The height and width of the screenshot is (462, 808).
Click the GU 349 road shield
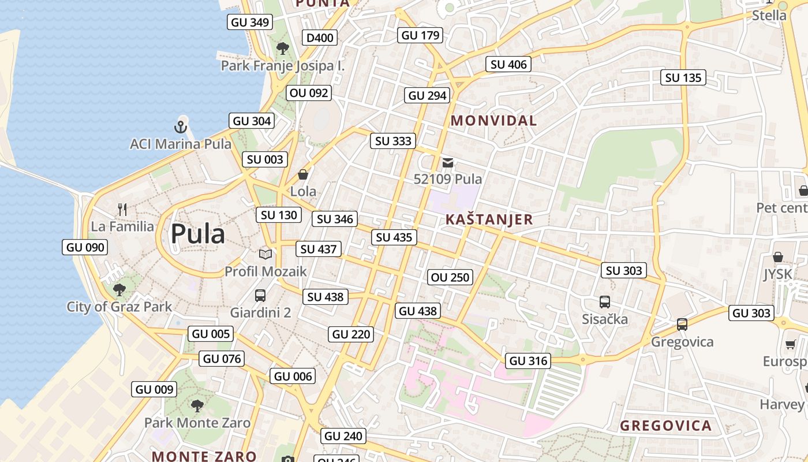[250, 23]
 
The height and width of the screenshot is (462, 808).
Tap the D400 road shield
[320, 38]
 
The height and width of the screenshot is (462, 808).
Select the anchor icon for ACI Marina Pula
[181, 126]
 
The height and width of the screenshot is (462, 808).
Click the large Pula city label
[197, 234]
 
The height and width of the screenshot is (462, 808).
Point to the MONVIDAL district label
[493, 121]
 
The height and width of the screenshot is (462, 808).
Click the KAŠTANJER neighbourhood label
[489, 219]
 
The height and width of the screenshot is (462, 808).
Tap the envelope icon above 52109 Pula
[448, 163]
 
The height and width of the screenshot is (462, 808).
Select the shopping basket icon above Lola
[303, 174]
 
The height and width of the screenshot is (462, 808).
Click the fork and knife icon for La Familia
[122, 209]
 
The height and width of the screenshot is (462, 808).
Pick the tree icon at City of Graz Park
[119, 289]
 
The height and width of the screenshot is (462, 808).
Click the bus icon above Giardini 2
[260, 296]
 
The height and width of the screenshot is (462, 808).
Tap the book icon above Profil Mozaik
[265, 254]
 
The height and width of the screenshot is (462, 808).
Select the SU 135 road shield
[683, 77]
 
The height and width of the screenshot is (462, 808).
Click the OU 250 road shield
[450, 277]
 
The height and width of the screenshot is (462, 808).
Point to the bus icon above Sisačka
[605, 302]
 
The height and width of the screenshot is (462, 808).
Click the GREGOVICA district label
[665, 426]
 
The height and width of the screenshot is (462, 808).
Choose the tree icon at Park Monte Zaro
[197, 406]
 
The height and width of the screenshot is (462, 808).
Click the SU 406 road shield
[508, 64]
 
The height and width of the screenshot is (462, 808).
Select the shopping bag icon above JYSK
[777, 257]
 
